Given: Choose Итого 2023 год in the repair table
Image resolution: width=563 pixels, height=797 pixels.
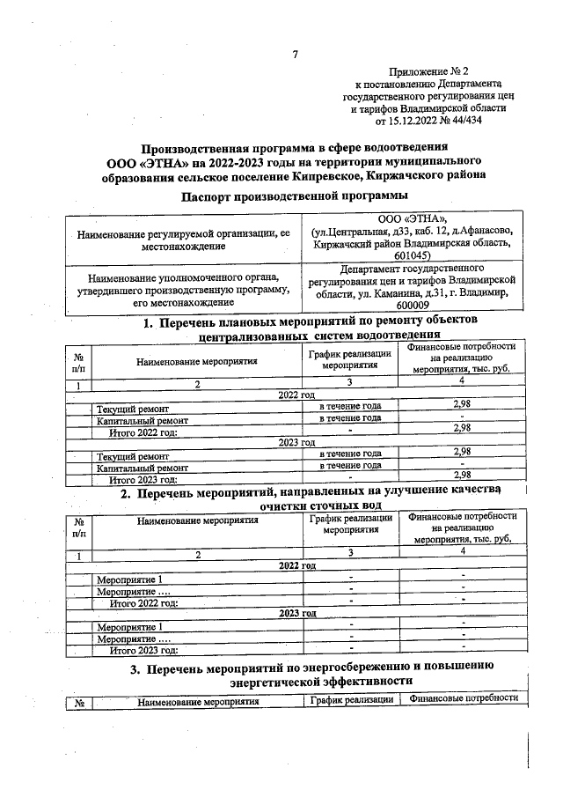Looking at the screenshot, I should (x=143, y=479).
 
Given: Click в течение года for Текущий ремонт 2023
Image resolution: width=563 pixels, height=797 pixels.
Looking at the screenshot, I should (x=349, y=454).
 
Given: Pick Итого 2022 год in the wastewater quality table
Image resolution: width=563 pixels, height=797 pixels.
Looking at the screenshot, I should (x=143, y=602).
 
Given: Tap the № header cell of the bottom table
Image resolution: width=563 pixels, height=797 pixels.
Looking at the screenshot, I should (x=79, y=702).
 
